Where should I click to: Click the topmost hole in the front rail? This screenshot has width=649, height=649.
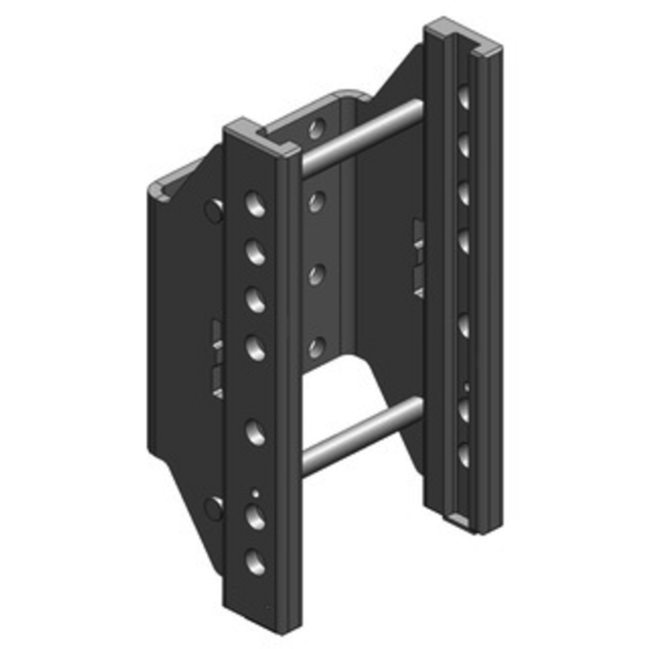pyautogui.click(x=256, y=204)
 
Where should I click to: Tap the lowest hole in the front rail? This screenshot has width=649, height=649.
pyautogui.click(x=256, y=561)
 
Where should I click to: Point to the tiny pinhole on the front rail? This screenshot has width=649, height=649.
pyautogui.click(x=256, y=491)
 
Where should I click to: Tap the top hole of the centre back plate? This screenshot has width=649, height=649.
pyautogui.click(x=317, y=127)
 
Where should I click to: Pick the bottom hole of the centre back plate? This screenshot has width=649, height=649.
pyautogui.click(x=317, y=347)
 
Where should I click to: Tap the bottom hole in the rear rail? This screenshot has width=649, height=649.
pyautogui.click(x=463, y=453)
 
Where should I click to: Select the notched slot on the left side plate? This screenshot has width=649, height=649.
pyautogui.click(x=217, y=357)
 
